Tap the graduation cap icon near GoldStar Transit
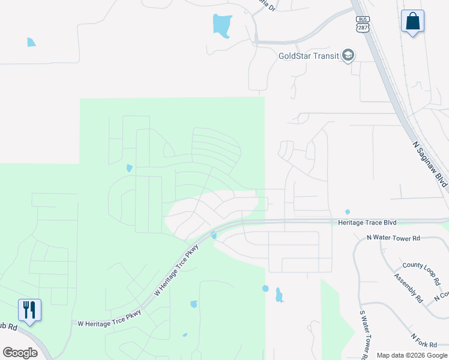[348, 56]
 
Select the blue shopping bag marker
[412, 22]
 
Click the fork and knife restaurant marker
[29, 310]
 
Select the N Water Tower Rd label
[394, 238]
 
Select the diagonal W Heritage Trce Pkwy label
[176, 272]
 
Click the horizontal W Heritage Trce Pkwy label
[109, 323]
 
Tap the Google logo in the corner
[20, 352]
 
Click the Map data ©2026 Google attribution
[412, 355]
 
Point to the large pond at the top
[222, 25]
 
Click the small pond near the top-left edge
[31, 42]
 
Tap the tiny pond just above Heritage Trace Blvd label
[347, 212]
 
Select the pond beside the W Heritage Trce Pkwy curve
[214, 235]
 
